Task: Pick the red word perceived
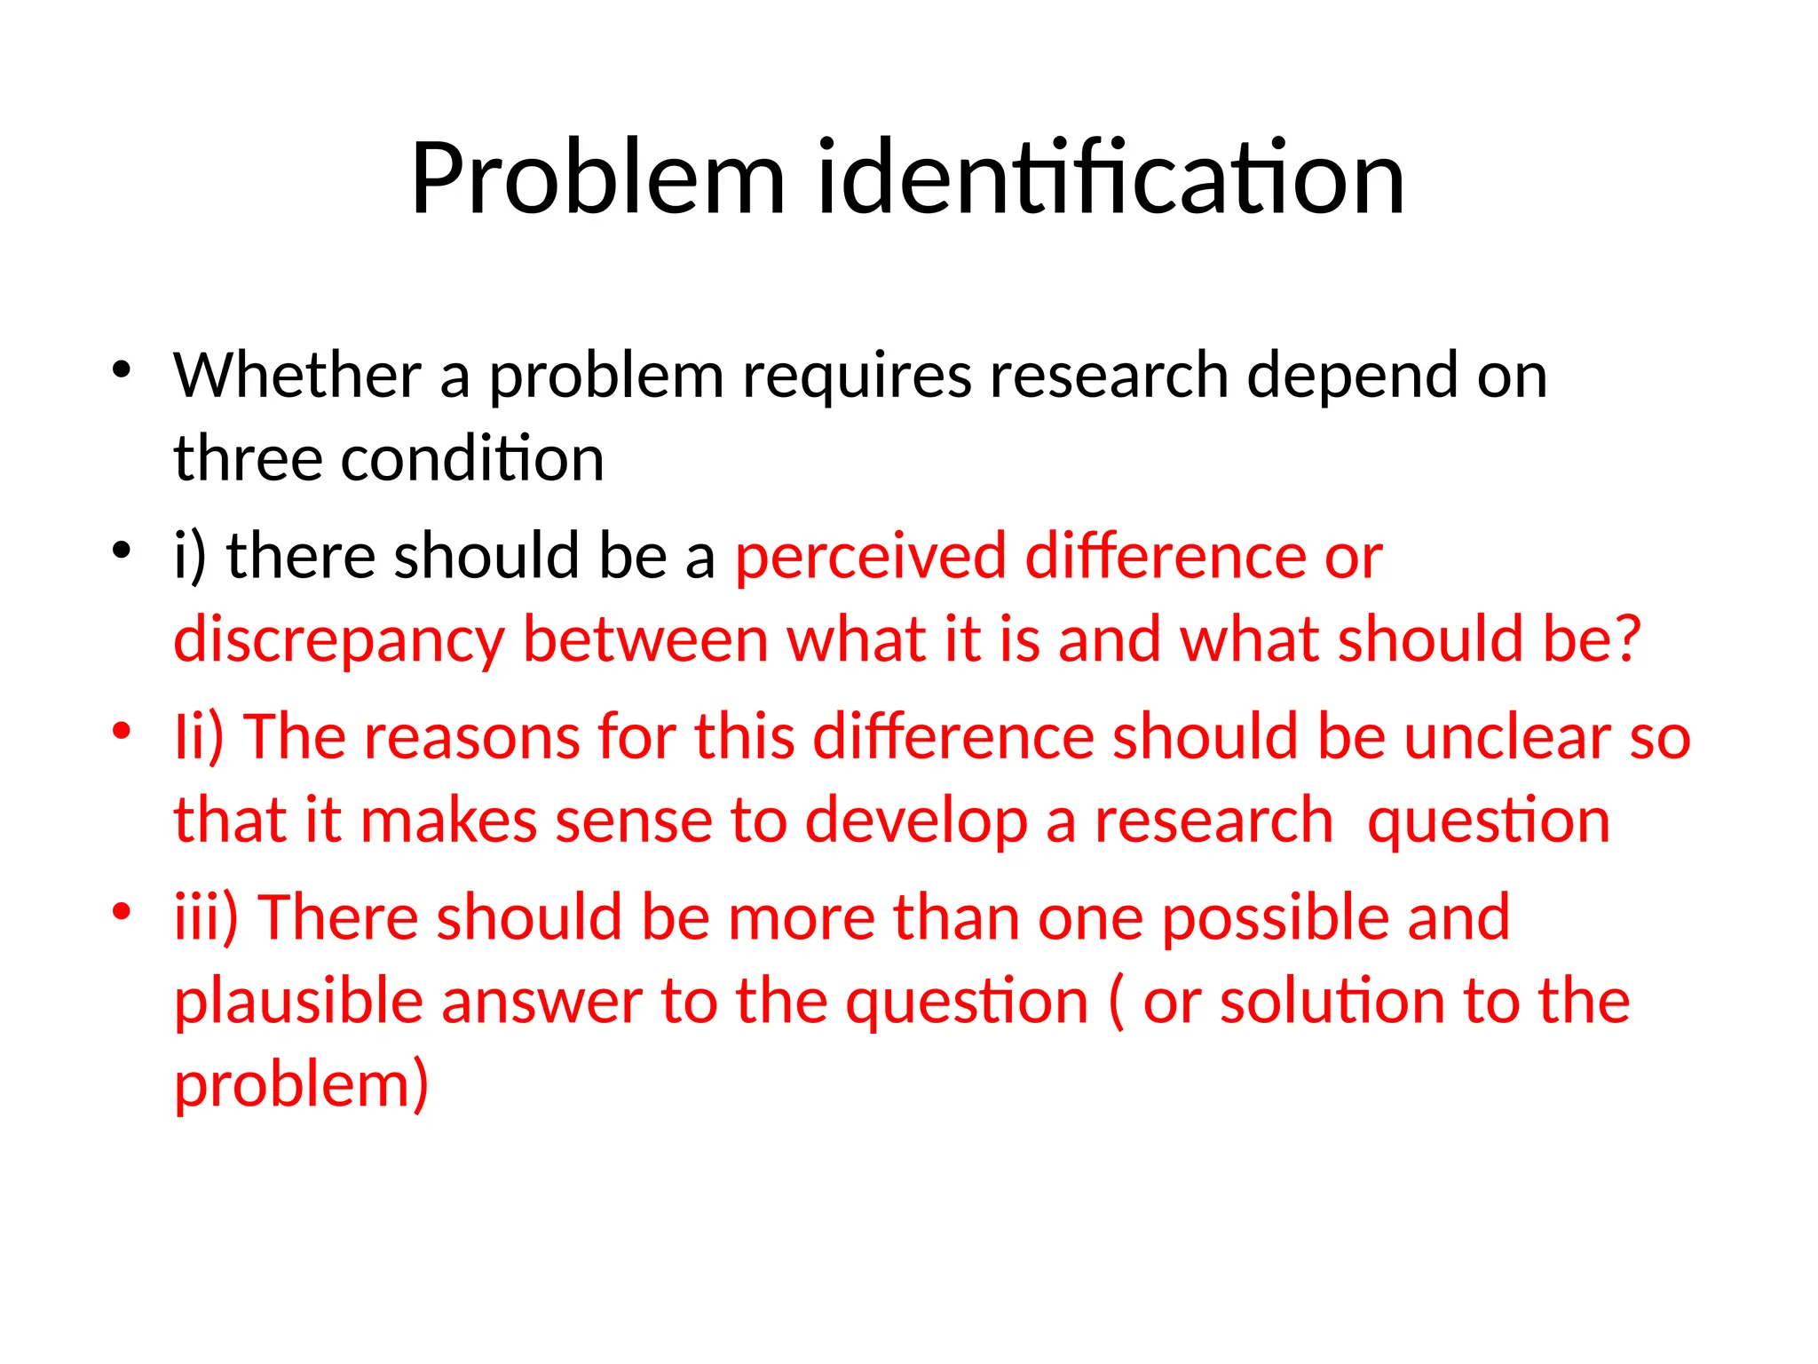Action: click(x=871, y=558)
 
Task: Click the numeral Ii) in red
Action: click(x=199, y=737)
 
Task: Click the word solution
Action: click(x=1332, y=1002)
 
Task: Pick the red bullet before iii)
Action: click(x=122, y=911)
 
